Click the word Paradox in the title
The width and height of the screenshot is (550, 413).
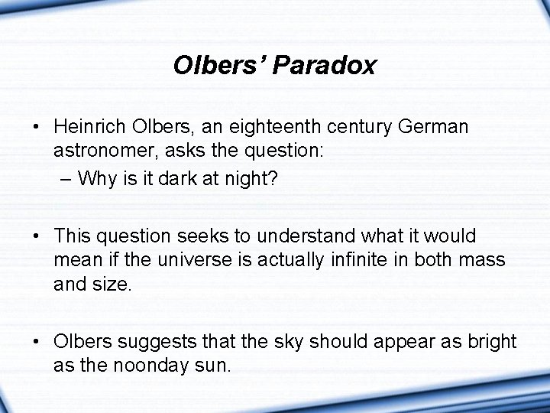click(328, 66)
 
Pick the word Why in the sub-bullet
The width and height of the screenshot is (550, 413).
click(97, 180)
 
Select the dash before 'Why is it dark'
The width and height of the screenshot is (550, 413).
click(65, 180)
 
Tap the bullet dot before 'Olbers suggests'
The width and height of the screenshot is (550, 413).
click(37, 342)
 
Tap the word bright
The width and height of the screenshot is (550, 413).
click(491, 342)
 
